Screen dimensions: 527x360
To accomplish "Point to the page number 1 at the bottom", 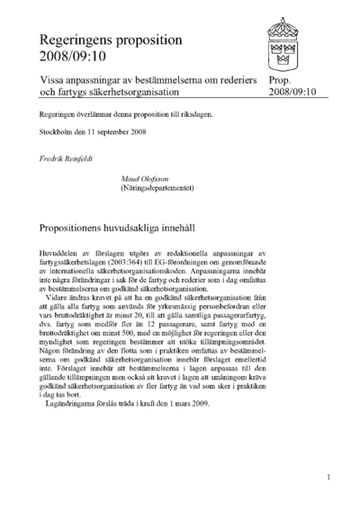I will [x=330, y=478].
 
